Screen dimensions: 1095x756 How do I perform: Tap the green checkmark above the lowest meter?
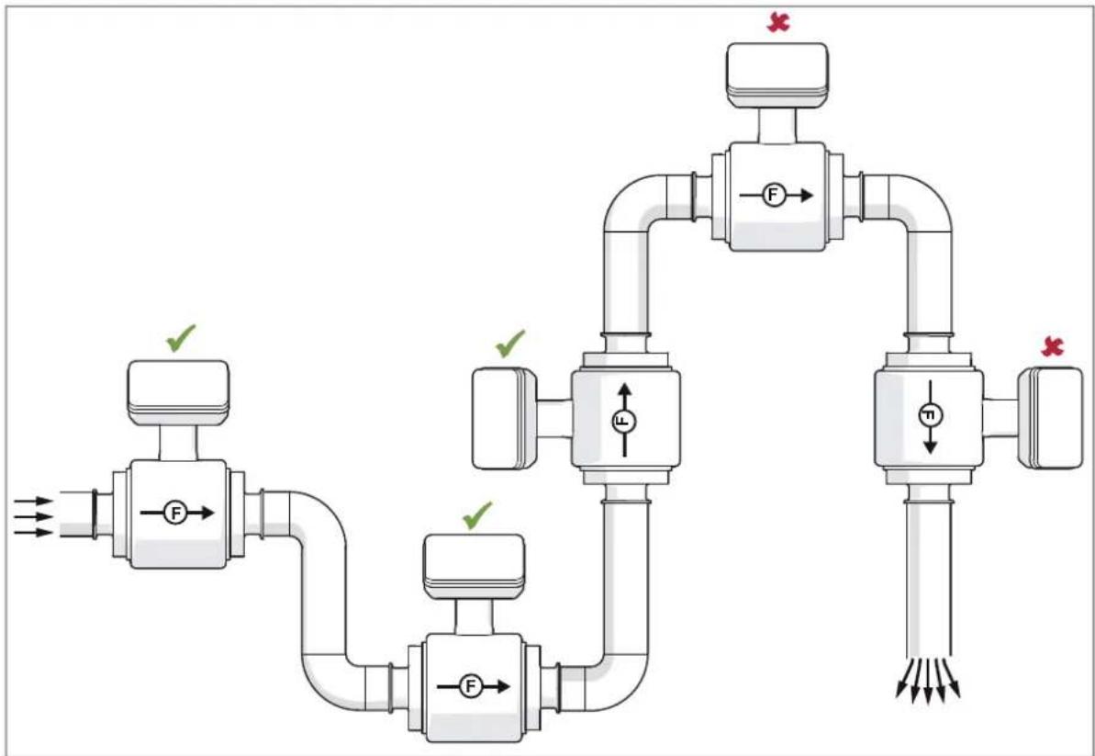pyautogui.click(x=477, y=515)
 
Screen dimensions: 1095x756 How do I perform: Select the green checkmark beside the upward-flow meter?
pyautogui.click(x=509, y=343)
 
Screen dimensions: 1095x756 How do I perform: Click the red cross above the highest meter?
pyautogui.click(x=777, y=22)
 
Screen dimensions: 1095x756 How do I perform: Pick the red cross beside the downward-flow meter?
pyautogui.click(x=1052, y=346)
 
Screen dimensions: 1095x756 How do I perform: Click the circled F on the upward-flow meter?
pyautogui.click(x=623, y=420)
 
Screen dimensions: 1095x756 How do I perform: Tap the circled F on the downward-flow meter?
pyautogui.click(x=930, y=416)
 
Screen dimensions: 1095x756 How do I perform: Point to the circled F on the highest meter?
pyautogui.click(x=772, y=196)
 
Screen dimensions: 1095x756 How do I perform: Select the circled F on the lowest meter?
pyautogui.click(x=470, y=687)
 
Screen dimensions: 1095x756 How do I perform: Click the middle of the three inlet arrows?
pyautogui.click(x=34, y=516)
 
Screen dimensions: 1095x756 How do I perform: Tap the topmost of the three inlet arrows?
pyautogui.click(x=34, y=501)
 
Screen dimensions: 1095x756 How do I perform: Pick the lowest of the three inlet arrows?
pyautogui.click(x=34, y=533)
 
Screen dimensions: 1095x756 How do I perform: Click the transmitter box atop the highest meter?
pyautogui.click(x=777, y=75)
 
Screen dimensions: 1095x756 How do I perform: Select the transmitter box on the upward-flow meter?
pyautogui.click(x=504, y=419)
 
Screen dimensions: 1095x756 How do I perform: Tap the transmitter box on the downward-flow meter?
pyautogui.click(x=1050, y=418)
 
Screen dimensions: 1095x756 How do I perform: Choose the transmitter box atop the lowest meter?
pyautogui.click(x=475, y=567)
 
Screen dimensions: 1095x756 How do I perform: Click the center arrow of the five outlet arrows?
pyautogui.click(x=928, y=680)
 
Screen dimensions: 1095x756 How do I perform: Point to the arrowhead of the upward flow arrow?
pyautogui.click(x=624, y=389)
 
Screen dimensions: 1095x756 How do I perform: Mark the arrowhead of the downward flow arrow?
pyautogui.click(x=930, y=446)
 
